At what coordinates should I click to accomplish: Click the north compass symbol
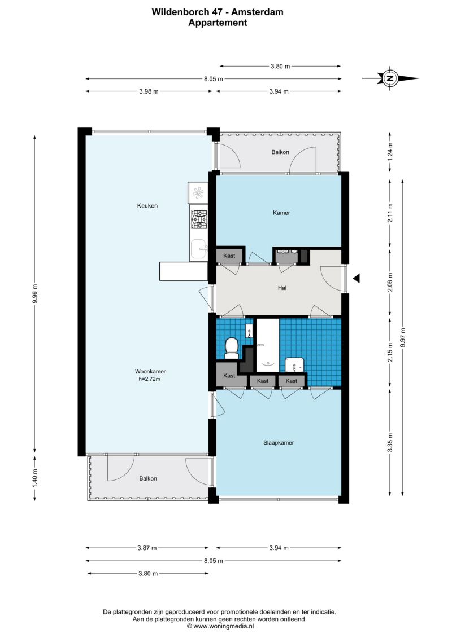point(390,78)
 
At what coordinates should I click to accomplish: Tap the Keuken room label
point(147,206)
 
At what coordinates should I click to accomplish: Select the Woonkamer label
point(150,372)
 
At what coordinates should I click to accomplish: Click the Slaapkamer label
point(279,443)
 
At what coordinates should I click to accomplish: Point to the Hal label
point(282,288)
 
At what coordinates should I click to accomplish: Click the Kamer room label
point(281,213)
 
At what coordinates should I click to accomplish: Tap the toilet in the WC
point(232,348)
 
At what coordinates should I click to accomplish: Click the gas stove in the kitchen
point(199,219)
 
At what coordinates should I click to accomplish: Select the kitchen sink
point(199,249)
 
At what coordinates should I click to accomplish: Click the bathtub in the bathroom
point(267,345)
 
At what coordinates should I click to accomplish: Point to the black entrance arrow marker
point(356,278)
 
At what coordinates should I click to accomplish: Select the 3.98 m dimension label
point(149,91)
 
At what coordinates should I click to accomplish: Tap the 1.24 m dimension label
point(390,151)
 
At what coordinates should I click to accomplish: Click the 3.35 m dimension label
point(390,442)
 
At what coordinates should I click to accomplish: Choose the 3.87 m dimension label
point(147,548)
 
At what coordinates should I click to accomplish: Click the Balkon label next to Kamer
point(280,152)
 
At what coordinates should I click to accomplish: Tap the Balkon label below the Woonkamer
point(148,478)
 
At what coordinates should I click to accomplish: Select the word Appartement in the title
point(218,23)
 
